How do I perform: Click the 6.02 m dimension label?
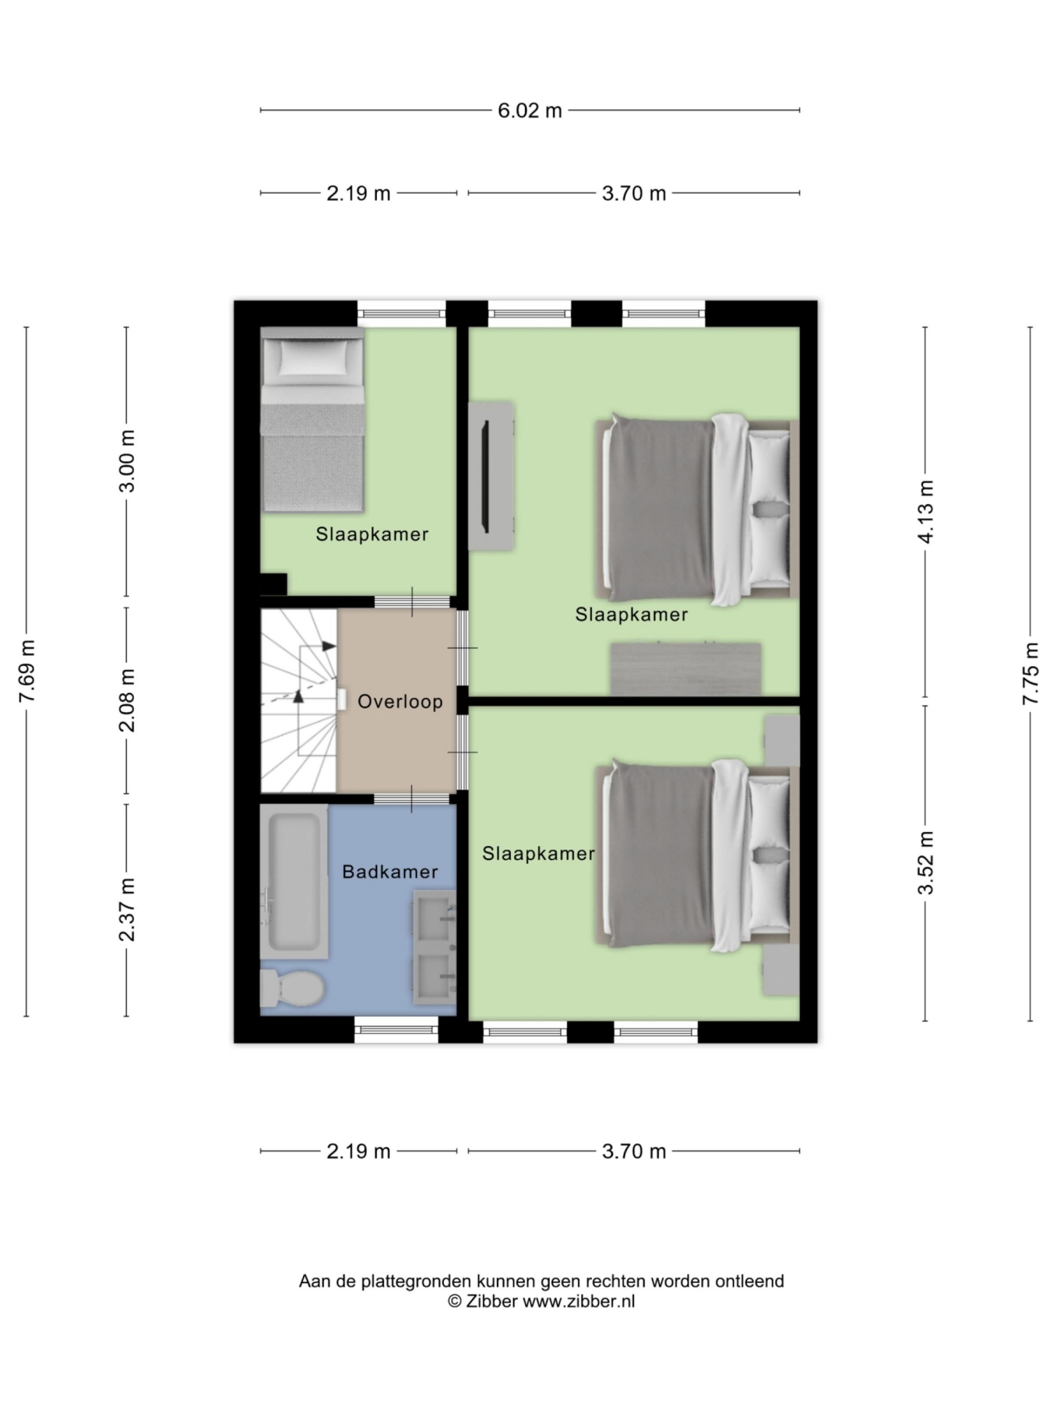pyautogui.click(x=529, y=111)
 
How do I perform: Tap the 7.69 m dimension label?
pyautogui.click(x=27, y=671)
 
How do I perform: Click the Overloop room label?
pyautogui.click(x=399, y=702)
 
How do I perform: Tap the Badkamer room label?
pyautogui.click(x=389, y=872)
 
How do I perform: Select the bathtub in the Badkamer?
pyautogui.click(x=294, y=882)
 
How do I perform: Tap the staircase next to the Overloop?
pyautogui.click(x=298, y=701)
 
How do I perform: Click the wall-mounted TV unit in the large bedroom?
pyautogui.click(x=491, y=476)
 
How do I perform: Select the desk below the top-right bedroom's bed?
pyautogui.click(x=686, y=669)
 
